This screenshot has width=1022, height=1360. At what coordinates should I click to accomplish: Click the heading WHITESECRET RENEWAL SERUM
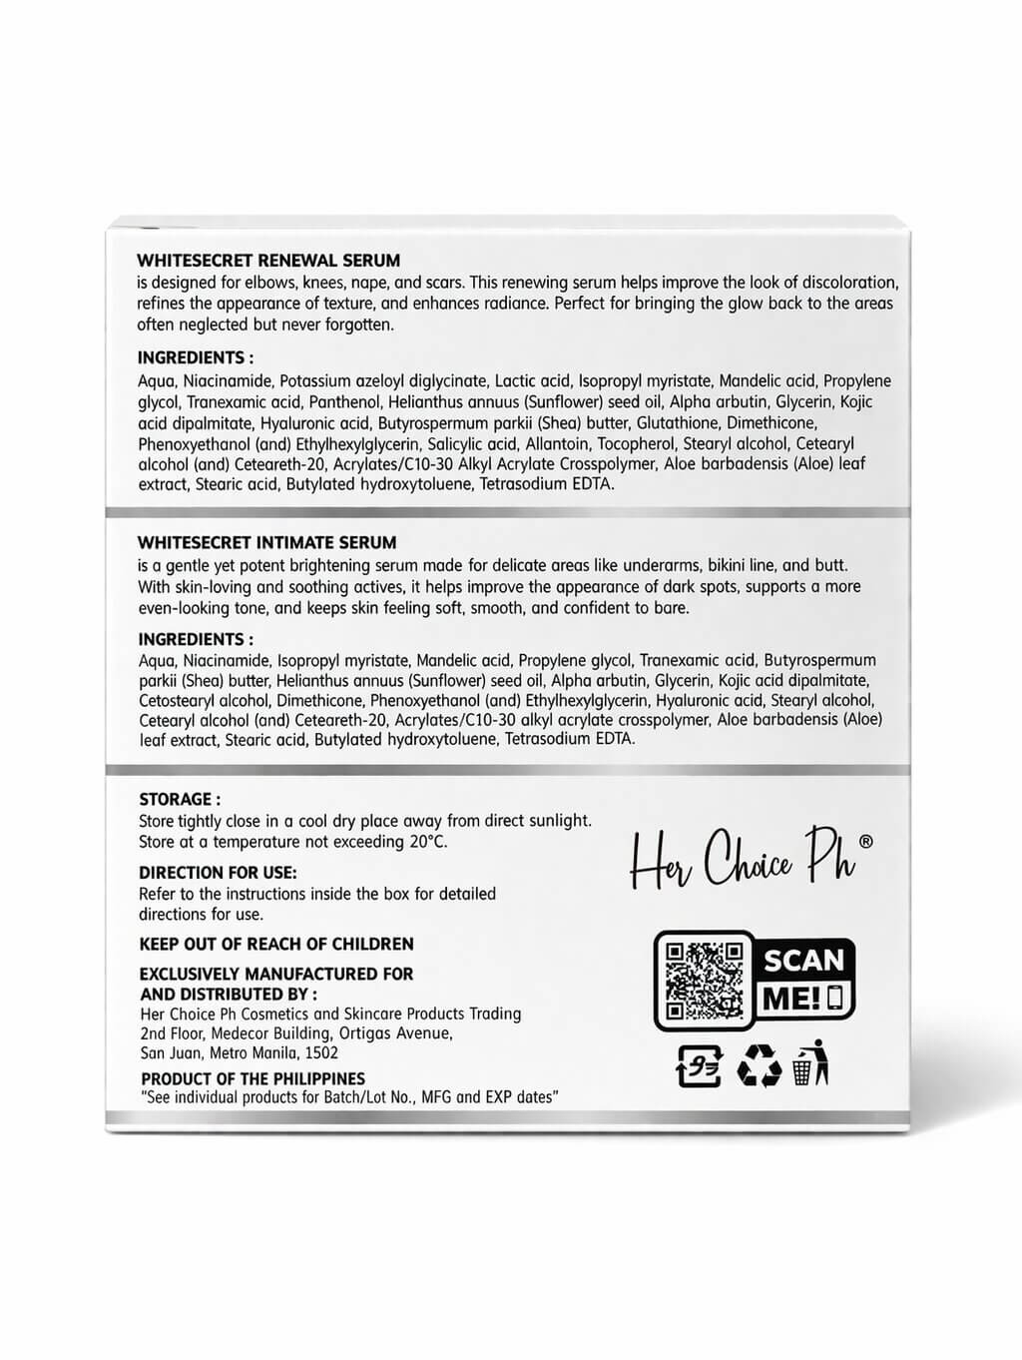click(268, 261)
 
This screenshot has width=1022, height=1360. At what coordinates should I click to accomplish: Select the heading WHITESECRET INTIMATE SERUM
click(267, 543)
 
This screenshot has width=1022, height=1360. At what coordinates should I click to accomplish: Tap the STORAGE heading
click(180, 800)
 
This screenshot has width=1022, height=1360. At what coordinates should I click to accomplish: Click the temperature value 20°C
click(428, 842)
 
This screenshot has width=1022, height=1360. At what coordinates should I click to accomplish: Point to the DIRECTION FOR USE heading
click(218, 873)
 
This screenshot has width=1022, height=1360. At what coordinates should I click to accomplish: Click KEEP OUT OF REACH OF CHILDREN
click(276, 945)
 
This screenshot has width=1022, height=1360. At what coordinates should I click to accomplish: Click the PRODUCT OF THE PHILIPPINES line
click(253, 1079)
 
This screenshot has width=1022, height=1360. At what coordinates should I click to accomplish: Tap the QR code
click(704, 981)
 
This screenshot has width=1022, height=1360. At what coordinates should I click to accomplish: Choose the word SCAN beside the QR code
click(803, 961)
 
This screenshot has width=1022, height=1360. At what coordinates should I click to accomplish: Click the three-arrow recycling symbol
click(759, 1067)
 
